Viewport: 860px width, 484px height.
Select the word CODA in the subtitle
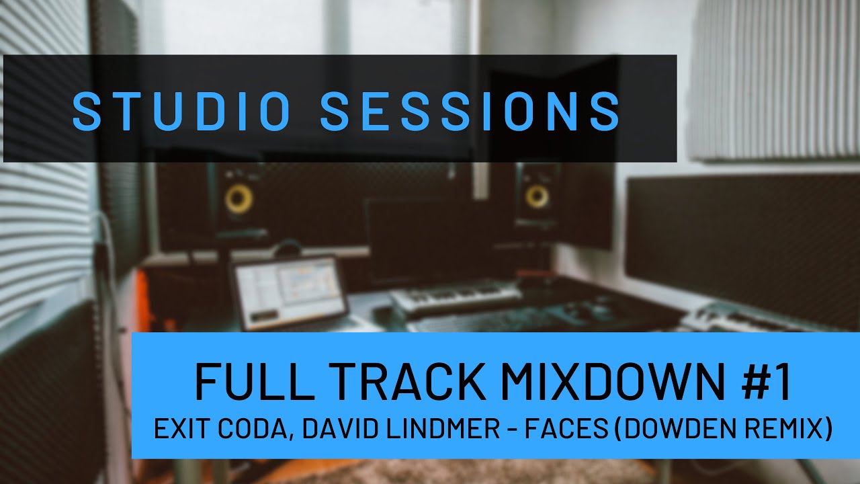[251, 429]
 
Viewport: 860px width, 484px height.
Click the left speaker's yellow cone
[239, 199]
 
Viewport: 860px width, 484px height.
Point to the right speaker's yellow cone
[537, 196]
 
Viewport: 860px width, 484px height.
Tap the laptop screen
[287, 292]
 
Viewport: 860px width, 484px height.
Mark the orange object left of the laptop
[143, 296]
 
